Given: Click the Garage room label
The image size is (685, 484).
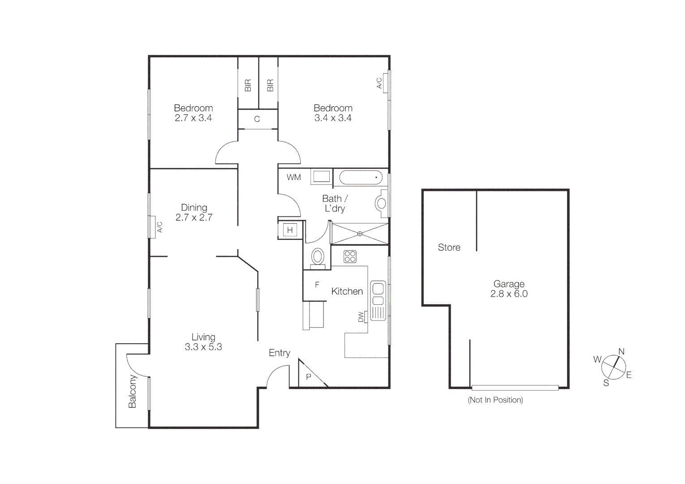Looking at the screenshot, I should [508, 289].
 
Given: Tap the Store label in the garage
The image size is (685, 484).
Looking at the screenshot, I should [449, 247].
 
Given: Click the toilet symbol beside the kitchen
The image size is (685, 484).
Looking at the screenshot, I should [318, 257].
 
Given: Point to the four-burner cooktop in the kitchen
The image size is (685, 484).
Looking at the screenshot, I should [350, 256].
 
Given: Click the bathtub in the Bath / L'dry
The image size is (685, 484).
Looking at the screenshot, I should [361, 178].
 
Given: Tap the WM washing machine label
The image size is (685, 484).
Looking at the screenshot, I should [294, 177].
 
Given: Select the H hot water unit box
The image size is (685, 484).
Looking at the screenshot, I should [290, 230].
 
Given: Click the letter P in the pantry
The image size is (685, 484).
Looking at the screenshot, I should [308, 377].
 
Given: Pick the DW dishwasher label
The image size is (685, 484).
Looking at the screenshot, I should [361, 317].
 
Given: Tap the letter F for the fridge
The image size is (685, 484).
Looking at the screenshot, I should [317, 285].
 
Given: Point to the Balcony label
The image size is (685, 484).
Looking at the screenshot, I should [132, 392].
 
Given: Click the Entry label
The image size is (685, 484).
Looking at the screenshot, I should [280, 353].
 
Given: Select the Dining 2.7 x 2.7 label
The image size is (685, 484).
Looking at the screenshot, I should [194, 212].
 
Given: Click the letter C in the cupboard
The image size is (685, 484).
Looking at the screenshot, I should [257, 119].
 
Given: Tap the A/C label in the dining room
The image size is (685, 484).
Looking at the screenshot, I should [159, 227].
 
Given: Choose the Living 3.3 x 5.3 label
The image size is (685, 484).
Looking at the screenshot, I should [203, 342].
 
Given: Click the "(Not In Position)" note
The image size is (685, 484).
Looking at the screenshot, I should [495, 400].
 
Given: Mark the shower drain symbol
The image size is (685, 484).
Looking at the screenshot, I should [359, 233].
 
